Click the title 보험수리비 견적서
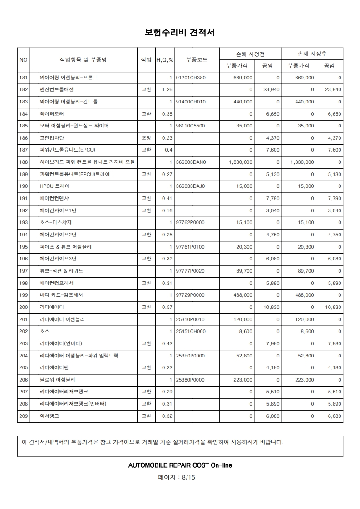180,33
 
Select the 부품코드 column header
197,59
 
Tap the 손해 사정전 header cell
250,54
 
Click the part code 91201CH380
191,78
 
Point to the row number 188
24,162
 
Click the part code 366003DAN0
191,162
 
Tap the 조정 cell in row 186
146,138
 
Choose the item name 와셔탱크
49,416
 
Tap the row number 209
24,416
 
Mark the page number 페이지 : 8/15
180,477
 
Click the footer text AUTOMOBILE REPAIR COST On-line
180,465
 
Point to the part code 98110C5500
191,126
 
